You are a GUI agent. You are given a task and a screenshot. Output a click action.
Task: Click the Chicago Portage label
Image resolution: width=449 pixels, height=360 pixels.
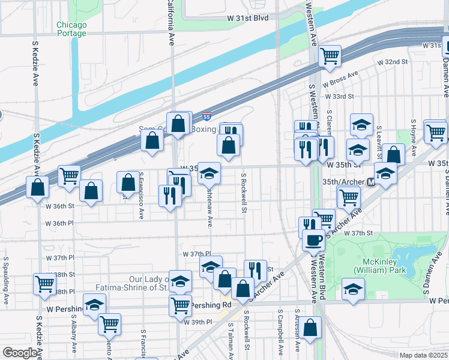[x=71, y=29]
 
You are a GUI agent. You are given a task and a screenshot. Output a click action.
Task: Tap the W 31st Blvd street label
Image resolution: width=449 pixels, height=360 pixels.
[x=247, y=18]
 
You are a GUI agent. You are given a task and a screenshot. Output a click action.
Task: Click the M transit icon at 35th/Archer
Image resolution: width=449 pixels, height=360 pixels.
[x=371, y=181]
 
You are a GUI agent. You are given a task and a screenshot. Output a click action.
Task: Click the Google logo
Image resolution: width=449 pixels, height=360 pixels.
[x=20, y=353]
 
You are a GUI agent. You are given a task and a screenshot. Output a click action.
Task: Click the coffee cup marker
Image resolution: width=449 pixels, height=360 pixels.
[x=312, y=241]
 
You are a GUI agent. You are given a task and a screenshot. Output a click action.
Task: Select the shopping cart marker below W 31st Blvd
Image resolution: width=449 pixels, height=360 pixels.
[x=330, y=56]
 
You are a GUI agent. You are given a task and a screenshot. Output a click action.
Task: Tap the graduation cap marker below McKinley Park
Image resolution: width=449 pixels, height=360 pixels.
[x=353, y=290]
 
